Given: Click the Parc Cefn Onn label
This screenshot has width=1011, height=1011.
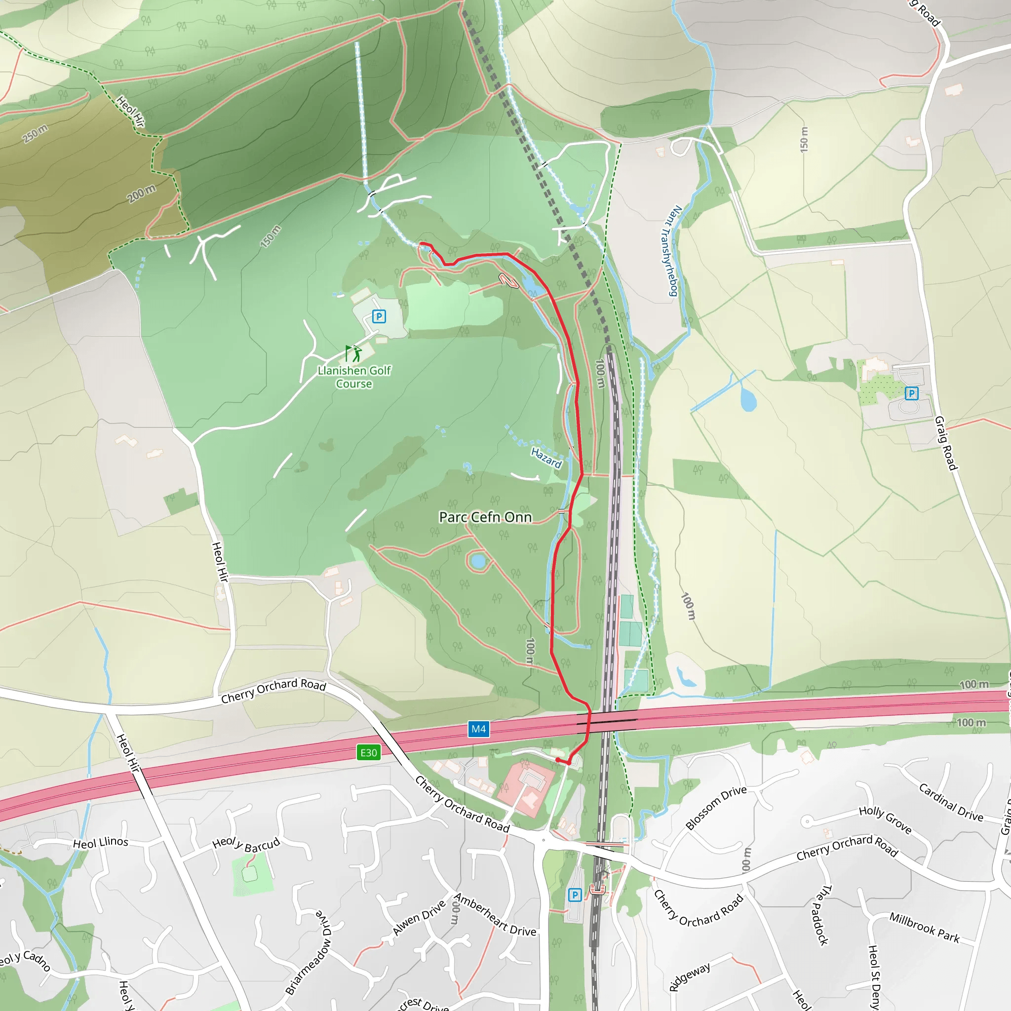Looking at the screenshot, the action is coord(485,517).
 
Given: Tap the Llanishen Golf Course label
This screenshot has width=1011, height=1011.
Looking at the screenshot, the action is coord(354,377).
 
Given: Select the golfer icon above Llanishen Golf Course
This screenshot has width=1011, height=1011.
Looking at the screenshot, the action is coord(357,354).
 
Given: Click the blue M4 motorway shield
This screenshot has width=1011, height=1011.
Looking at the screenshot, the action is coord(478,729).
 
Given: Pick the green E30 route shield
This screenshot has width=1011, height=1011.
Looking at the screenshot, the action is coord(368,752).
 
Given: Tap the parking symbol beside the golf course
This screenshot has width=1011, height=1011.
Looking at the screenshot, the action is coord(379,316).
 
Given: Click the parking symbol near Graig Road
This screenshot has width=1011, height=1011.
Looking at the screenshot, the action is coord(912,393).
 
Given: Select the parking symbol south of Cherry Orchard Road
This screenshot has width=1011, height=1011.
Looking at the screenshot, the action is coord(575,895).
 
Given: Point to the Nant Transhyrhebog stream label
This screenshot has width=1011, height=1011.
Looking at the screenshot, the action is coord(669,251).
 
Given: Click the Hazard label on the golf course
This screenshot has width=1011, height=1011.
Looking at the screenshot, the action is coord(546,458).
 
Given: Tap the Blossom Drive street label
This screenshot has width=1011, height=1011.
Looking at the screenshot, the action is coord(716,808).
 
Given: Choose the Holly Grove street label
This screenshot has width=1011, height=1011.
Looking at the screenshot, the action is coord(886,819).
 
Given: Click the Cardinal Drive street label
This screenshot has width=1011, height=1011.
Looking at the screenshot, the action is coord(951,802).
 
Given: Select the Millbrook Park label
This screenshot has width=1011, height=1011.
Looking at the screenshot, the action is coord(925,927).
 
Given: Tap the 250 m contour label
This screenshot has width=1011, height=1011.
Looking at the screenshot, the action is coord(35,133).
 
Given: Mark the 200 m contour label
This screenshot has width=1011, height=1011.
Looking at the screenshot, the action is coord(141,194).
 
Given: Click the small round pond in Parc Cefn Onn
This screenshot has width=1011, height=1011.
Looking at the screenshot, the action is coord(478,561).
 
